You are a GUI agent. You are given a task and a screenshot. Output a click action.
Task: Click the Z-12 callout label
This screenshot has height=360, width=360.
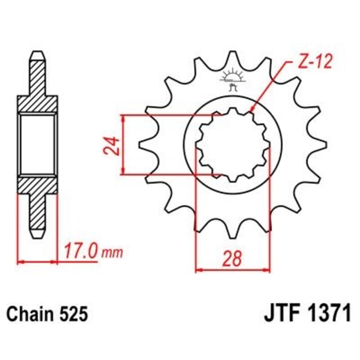point(314,62)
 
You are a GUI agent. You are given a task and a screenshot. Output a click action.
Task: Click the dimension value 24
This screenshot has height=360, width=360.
point(114,145)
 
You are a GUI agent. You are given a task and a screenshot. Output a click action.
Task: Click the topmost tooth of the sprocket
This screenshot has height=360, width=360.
point(234,56)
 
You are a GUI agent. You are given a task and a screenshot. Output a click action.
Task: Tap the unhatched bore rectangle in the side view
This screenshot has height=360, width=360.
point(38,144)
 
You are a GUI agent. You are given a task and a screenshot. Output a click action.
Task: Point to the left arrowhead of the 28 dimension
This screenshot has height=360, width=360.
point(198,270)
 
